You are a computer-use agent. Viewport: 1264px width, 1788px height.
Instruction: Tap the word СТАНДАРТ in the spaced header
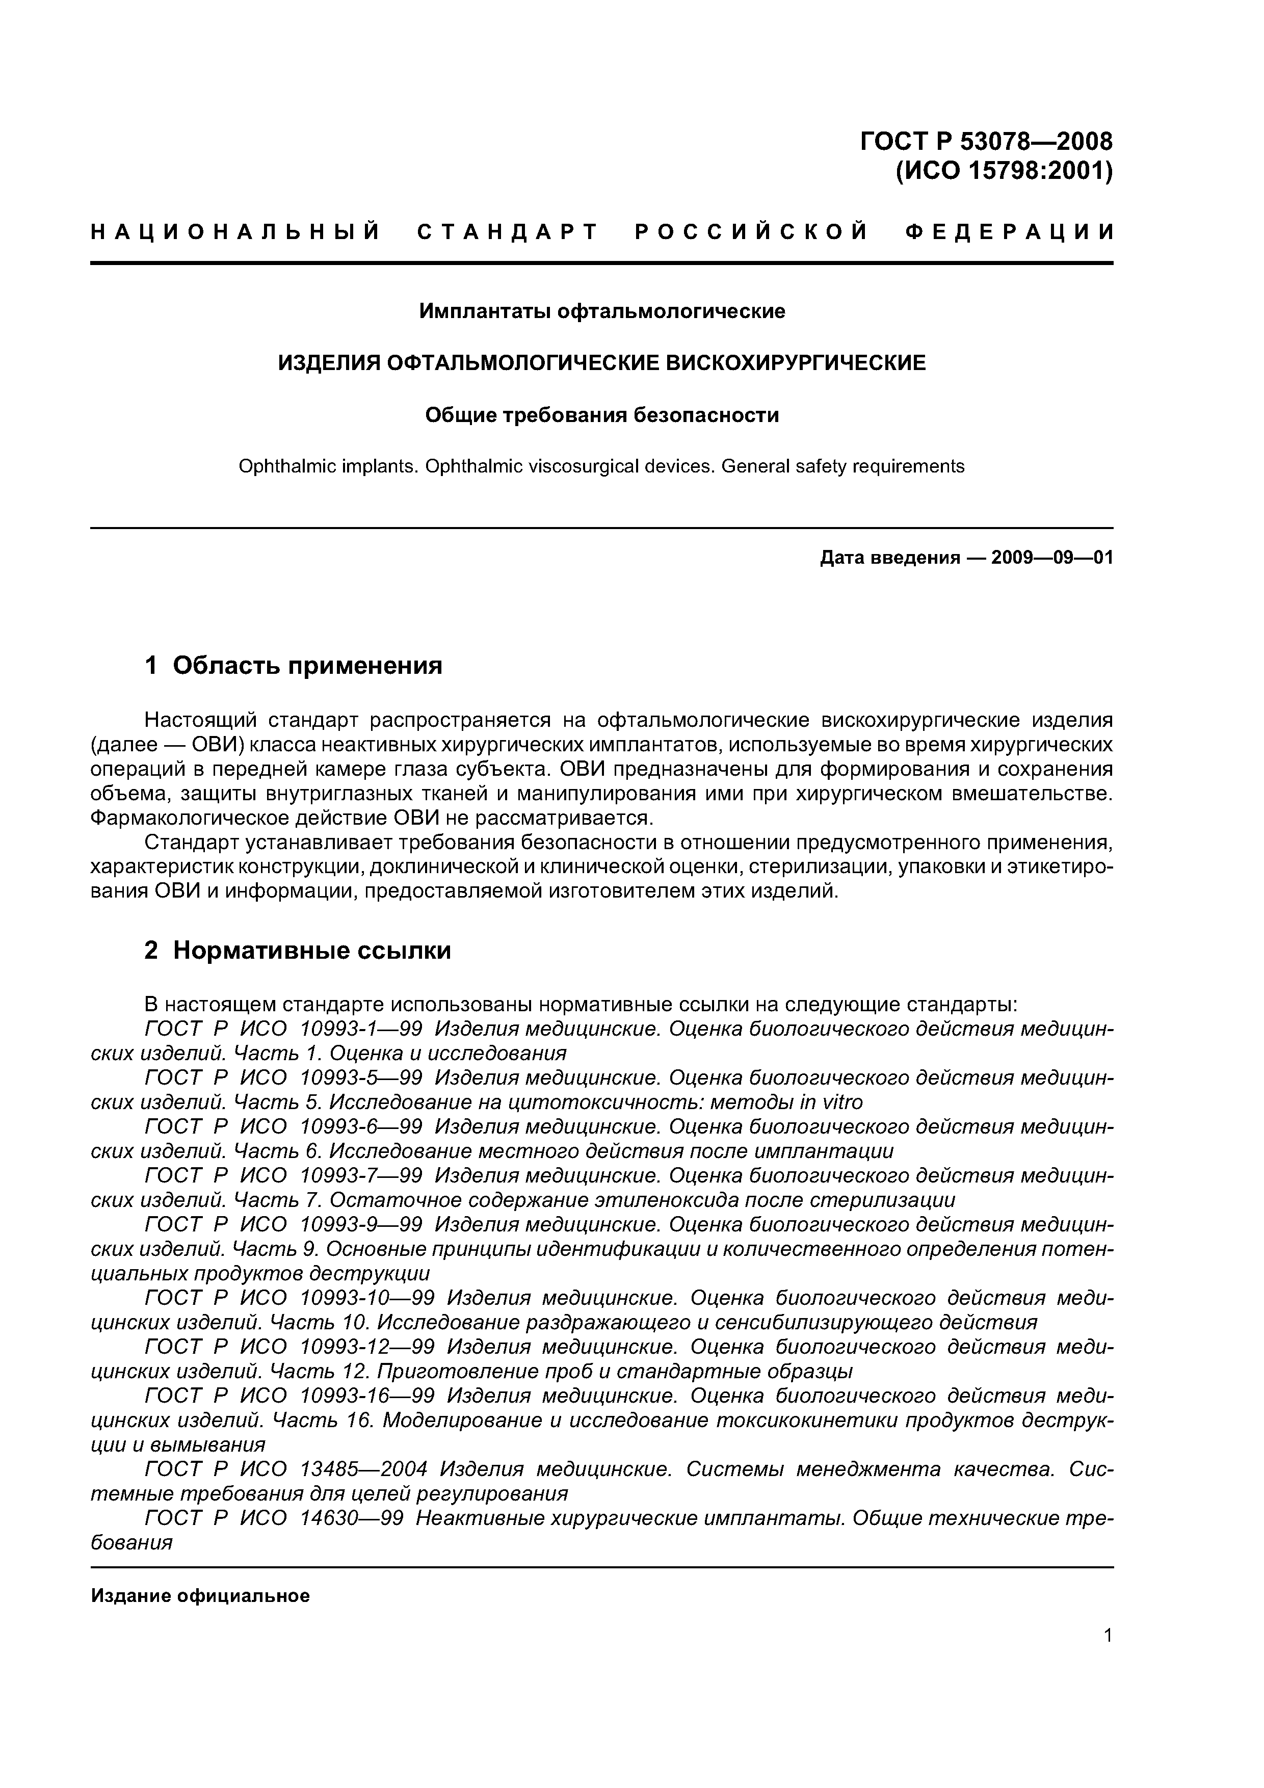click(x=508, y=231)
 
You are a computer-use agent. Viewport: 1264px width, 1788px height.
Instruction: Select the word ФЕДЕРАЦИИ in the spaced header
click(x=1009, y=231)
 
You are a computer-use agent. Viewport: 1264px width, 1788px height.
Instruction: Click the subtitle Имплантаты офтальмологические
click(x=602, y=311)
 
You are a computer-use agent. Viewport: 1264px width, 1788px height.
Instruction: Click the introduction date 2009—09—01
click(x=1052, y=558)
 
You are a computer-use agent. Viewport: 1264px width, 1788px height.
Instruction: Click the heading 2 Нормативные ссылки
click(x=298, y=951)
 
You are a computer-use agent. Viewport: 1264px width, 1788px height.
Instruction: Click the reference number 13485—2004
click(x=364, y=1469)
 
